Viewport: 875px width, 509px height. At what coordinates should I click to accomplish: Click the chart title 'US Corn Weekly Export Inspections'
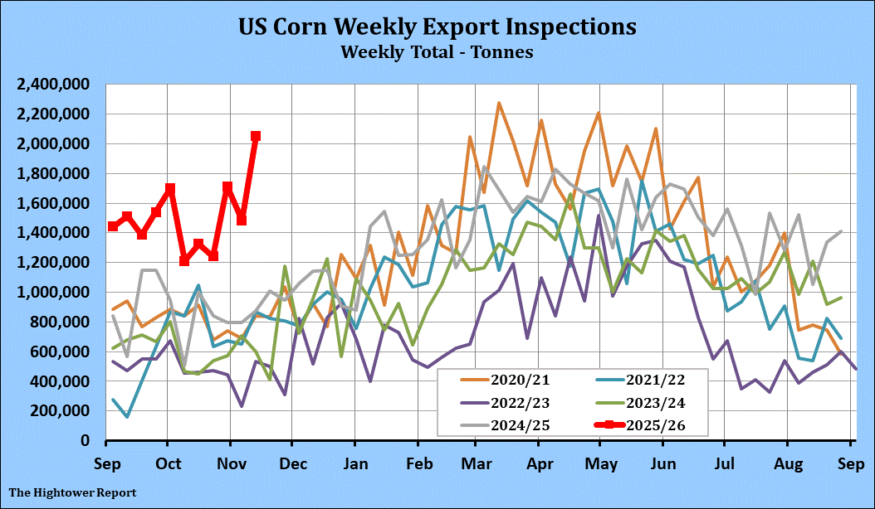[x=437, y=27]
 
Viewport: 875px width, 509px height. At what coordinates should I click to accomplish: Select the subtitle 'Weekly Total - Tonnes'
[x=437, y=51]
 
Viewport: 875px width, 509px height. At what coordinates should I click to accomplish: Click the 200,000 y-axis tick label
[x=61, y=411]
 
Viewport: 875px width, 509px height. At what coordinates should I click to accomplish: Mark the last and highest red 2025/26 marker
[x=256, y=136]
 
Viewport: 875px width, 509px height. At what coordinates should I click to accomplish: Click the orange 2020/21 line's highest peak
[x=498, y=104]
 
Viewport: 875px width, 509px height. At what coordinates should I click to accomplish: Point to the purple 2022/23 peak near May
[x=598, y=216]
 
